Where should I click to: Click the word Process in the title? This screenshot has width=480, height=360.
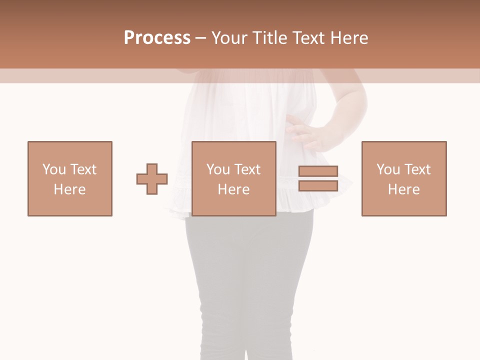tap(157, 38)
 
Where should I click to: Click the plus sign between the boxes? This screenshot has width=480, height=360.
tap(152, 179)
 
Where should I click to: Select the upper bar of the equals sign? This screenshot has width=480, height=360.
tap(318, 171)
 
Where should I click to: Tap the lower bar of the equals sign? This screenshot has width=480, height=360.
tap(318, 186)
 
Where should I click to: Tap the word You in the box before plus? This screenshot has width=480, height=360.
tap(53, 169)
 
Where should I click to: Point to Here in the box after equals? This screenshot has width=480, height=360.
tap(404, 189)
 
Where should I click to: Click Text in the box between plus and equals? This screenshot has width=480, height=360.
tap(247, 169)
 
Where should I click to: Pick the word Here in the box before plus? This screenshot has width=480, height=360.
tap(70, 189)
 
